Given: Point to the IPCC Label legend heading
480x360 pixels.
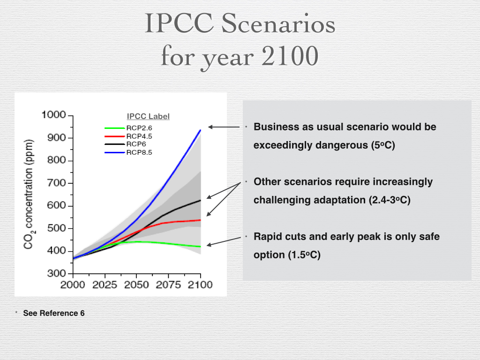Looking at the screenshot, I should (148, 116).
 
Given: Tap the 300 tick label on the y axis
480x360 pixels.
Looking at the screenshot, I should (57, 274).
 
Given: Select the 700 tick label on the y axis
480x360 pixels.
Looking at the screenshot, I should (57, 183).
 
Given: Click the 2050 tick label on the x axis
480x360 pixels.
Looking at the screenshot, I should (136, 285).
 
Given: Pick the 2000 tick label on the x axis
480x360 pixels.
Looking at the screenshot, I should (73, 285).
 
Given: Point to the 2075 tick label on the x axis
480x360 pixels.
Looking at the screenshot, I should (168, 285).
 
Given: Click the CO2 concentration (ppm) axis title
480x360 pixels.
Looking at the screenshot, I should (30, 194).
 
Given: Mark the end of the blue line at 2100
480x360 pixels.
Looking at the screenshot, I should (201, 130).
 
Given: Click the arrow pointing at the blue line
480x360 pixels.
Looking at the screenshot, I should (224, 127).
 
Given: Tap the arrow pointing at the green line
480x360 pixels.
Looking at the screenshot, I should (224, 241).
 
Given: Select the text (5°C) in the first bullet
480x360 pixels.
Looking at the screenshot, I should (383, 145).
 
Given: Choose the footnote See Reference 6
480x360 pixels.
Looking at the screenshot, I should (54, 313).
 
